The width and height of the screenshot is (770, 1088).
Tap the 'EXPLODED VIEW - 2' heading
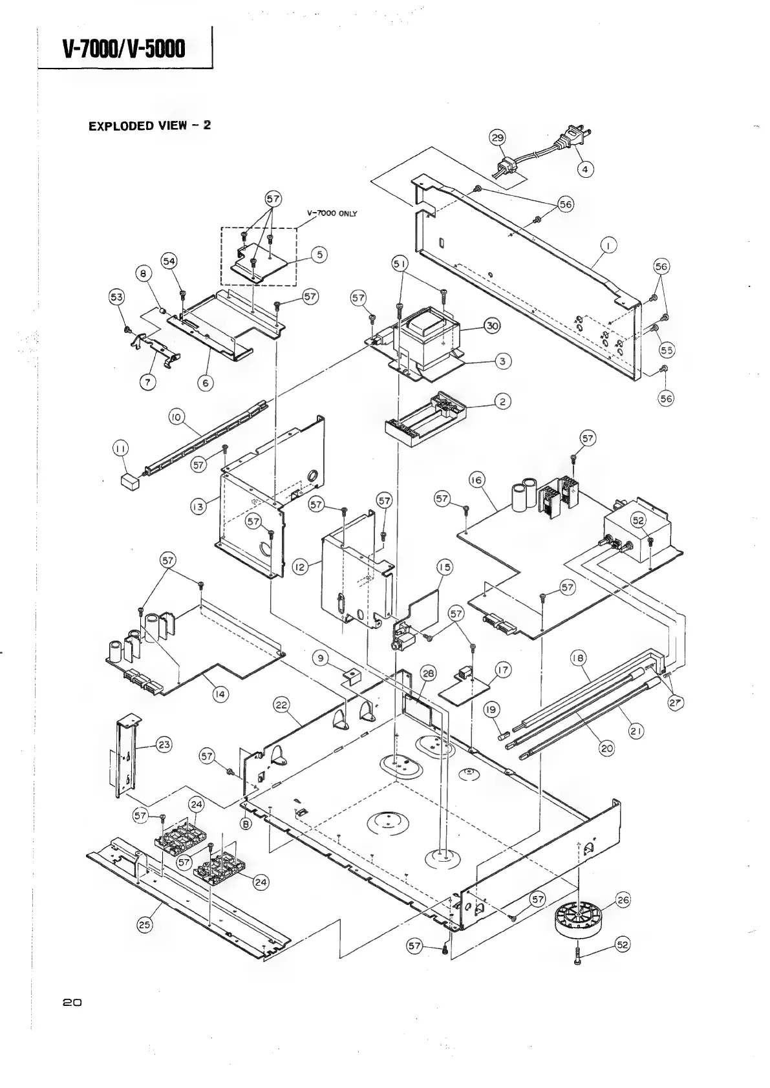[x=149, y=125]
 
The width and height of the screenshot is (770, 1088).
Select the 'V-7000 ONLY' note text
[x=332, y=213]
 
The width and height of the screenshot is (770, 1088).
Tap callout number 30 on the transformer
[x=492, y=326]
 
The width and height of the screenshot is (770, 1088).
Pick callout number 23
[x=164, y=745]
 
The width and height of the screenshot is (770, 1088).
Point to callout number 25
[x=145, y=924]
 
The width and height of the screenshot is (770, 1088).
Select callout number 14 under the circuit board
[x=221, y=694]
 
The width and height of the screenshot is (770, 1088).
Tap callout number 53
[x=117, y=297]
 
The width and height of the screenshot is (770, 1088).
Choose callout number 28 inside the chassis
[x=429, y=673]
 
